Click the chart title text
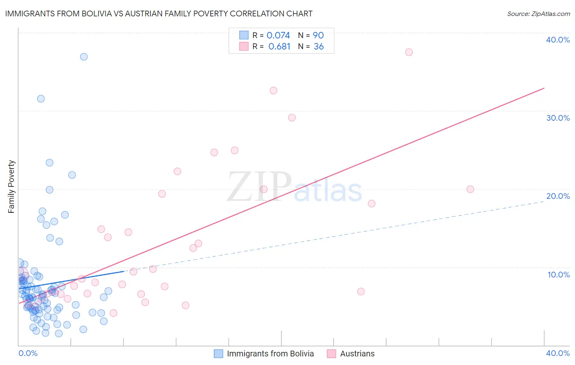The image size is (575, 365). pyautogui.click(x=159, y=14)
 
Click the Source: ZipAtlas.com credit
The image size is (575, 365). pyautogui.click(x=538, y=14)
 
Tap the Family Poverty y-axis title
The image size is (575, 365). pyautogui.click(x=11, y=186)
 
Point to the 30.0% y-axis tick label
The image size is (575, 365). pyautogui.click(x=557, y=118)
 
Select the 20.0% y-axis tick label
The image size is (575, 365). pyautogui.click(x=557, y=196)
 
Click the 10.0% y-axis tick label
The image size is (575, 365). pyautogui.click(x=558, y=275)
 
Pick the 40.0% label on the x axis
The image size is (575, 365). pyautogui.click(x=557, y=353)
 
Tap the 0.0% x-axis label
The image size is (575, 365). pyautogui.click(x=28, y=353)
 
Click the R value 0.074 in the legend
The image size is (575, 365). pyautogui.click(x=278, y=36)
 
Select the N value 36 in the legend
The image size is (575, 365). pyautogui.click(x=319, y=47)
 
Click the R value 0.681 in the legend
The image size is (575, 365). pyautogui.click(x=279, y=47)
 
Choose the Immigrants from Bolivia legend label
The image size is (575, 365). pyautogui.click(x=270, y=354)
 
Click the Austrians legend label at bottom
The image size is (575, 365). pyautogui.click(x=357, y=354)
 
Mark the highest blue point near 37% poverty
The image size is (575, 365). pyautogui.click(x=84, y=57)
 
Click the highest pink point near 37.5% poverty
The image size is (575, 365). pyautogui.click(x=409, y=52)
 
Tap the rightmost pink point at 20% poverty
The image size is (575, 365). pyautogui.click(x=470, y=189)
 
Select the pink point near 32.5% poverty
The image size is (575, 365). pyautogui.click(x=273, y=90)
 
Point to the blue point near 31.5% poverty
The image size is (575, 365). pyautogui.click(x=41, y=99)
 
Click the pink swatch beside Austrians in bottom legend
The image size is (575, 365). pyautogui.click(x=331, y=354)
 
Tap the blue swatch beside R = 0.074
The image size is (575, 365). pyautogui.click(x=244, y=35)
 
